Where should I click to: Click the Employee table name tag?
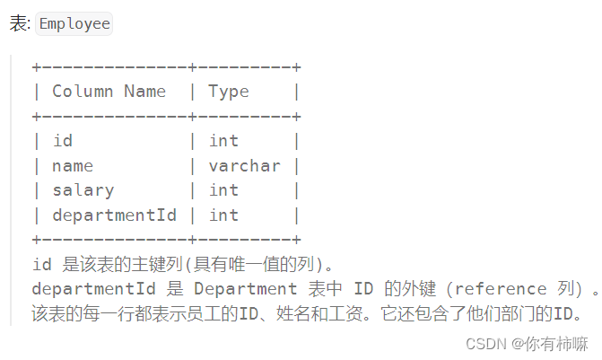point(74,24)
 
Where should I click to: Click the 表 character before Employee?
point(20,24)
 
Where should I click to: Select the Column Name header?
point(109,92)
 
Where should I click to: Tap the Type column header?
point(229,92)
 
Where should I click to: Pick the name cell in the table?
point(73,166)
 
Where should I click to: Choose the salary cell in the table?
point(83,190)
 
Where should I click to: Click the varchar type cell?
point(244,166)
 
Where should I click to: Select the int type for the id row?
point(223,141)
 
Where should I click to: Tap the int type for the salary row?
point(223,190)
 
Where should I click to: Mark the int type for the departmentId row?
point(223,215)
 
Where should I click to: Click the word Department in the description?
point(245,289)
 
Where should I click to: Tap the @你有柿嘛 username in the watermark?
point(550,344)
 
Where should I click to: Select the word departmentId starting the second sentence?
point(92,289)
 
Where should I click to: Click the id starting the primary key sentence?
point(41,265)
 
